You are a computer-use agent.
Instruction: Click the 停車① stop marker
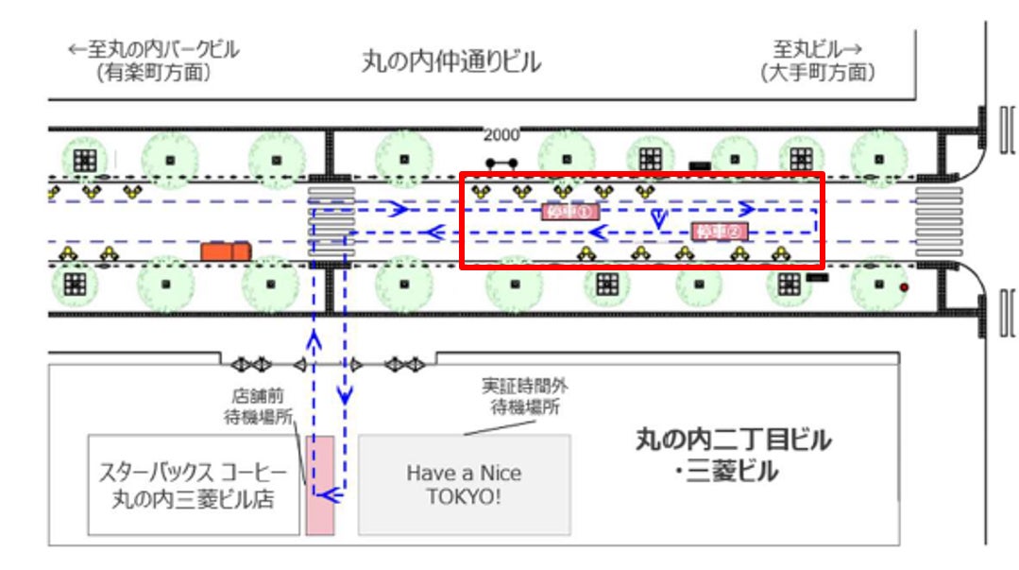(570, 212)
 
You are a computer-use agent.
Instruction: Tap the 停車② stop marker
(720, 232)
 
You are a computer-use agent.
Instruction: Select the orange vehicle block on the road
(225, 250)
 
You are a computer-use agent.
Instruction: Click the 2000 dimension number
(501, 135)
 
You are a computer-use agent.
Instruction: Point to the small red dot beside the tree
(904, 286)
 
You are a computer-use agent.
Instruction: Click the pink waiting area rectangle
(320, 484)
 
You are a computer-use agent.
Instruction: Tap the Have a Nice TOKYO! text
(464, 484)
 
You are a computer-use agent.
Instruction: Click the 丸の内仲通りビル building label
(452, 62)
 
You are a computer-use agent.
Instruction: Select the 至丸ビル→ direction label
(818, 49)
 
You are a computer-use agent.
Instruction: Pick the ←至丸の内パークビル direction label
(154, 49)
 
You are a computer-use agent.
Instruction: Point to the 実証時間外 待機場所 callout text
(525, 397)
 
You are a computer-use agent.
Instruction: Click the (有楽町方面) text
(153, 73)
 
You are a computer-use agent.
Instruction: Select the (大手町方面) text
(818, 73)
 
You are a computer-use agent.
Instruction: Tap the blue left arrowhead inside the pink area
(326, 493)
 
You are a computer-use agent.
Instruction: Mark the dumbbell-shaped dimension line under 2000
(501, 163)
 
